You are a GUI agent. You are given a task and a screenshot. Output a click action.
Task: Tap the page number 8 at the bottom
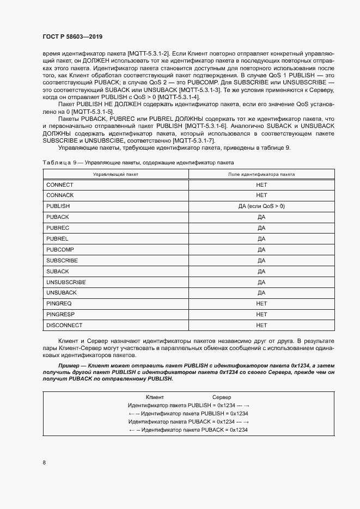point(44,462)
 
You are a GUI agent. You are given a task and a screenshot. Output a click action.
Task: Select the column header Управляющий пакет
point(115,174)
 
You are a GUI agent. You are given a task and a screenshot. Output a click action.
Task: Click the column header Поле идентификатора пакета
point(261,174)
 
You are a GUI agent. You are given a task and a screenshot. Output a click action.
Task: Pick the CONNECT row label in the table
point(60,185)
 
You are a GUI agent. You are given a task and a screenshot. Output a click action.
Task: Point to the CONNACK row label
point(60,195)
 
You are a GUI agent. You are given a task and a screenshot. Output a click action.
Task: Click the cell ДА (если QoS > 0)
point(261,206)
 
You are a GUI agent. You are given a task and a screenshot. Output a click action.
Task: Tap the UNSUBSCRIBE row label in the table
point(66,282)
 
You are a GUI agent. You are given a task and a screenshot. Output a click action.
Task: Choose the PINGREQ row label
point(59,303)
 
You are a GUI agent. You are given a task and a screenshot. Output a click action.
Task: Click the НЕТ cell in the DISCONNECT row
point(261,325)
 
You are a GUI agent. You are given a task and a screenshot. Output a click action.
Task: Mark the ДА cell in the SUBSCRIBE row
point(261,260)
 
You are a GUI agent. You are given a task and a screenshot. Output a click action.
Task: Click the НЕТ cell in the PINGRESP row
point(261,314)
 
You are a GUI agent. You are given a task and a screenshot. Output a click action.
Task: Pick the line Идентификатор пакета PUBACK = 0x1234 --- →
point(188,421)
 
